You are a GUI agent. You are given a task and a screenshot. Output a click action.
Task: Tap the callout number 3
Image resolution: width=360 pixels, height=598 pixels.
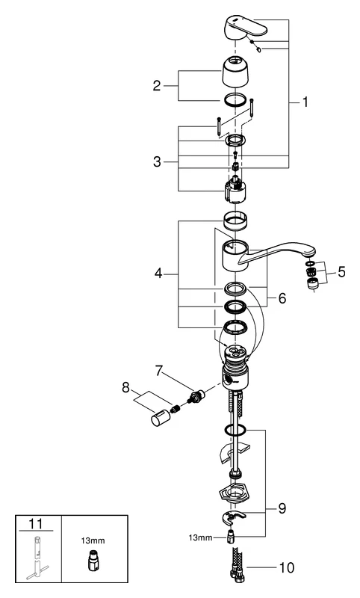tap(157, 162)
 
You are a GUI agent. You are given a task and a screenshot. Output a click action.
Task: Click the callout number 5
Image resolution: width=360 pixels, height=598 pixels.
tap(342, 273)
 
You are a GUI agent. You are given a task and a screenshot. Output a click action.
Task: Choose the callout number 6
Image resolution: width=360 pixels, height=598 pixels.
tap(282, 297)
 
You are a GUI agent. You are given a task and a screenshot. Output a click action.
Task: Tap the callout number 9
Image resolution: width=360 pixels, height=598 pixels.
tap(282, 508)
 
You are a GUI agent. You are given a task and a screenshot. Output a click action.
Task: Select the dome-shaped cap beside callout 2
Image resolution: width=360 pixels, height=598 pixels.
tap(238, 73)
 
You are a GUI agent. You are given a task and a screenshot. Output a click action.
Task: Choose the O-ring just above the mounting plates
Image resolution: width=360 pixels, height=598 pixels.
tap(235, 431)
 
